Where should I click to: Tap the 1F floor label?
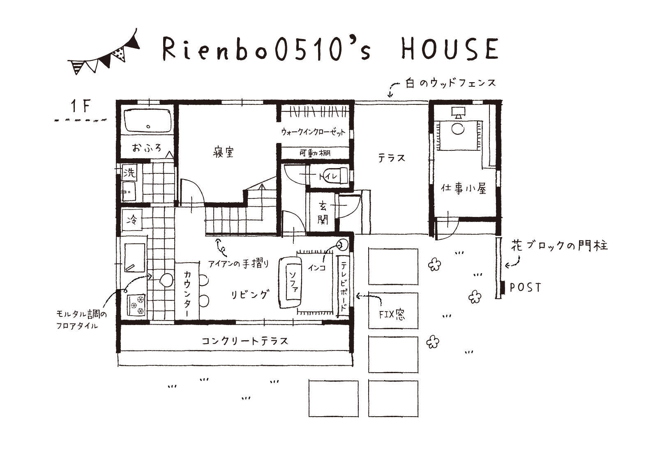click(x=81, y=106)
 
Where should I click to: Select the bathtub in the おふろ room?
click(x=148, y=120)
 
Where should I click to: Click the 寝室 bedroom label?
click(x=223, y=152)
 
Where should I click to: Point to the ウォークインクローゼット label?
click(x=313, y=132)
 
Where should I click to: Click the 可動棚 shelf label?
click(x=315, y=153)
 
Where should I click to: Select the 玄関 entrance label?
click(x=323, y=213)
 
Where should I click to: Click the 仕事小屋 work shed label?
click(x=464, y=189)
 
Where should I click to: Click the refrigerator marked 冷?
click(x=132, y=221)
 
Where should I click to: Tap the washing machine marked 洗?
click(x=129, y=173)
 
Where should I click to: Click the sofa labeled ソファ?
click(x=291, y=283)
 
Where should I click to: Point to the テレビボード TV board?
click(x=344, y=286)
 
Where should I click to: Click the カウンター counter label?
click(x=187, y=291)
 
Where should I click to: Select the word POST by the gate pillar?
click(x=526, y=287)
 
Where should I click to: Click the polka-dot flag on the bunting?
click(x=120, y=54)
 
